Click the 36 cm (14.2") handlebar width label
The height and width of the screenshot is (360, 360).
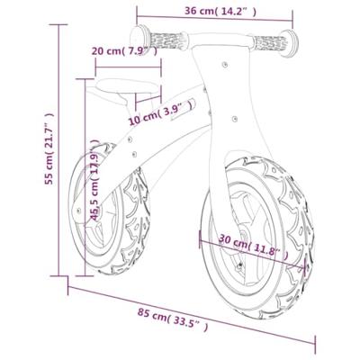tap(214, 12)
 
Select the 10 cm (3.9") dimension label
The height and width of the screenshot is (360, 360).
tap(160, 112)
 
